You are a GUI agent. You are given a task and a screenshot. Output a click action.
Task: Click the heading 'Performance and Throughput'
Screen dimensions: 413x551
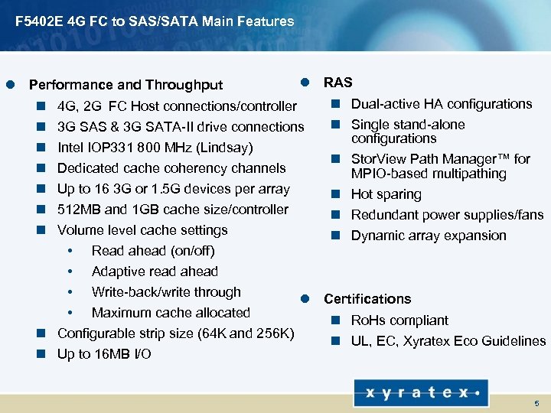pyautogui.click(x=126, y=85)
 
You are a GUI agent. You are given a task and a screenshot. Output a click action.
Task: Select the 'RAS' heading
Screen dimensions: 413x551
pyautogui.click(x=338, y=82)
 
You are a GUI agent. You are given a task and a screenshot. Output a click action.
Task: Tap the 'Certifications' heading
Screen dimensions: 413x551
pyautogui.click(x=367, y=299)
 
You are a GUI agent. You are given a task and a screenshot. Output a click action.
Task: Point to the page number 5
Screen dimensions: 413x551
pyautogui.click(x=536, y=402)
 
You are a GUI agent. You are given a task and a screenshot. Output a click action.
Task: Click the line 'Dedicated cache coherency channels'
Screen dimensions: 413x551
pyautogui.click(x=171, y=168)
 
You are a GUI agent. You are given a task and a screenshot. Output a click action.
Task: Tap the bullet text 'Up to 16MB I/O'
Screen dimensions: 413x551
pyautogui.click(x=104, y=354)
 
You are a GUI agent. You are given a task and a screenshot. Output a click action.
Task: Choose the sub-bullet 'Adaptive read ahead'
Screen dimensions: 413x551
pyautogui.click(x=155, y=272)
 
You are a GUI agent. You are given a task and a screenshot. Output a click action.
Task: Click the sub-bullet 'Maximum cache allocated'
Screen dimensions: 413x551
pyautogui.click(x=171, y=313)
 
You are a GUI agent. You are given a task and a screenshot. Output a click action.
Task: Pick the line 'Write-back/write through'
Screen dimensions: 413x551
pyautogui.click(x=166, y=292)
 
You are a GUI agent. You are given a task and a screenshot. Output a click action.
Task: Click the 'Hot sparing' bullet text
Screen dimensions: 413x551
pyautogui.click(x=386, y=195)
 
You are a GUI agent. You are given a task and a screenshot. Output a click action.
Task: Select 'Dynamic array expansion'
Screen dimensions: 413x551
pyautogui.click(x=429, y=236)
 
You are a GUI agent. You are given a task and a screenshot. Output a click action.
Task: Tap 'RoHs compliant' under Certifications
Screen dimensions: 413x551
pyautogui.click(x=399, y=320)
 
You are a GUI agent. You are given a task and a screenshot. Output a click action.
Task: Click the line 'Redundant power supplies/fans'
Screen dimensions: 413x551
pyautogui.click(x=447, y=216)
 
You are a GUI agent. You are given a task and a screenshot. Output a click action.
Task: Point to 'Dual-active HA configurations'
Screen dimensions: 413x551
pyautogui.click(x=441, y=104)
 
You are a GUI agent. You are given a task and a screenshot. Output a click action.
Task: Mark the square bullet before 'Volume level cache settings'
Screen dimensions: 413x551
pyautogui.click(x=44, y=230)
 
